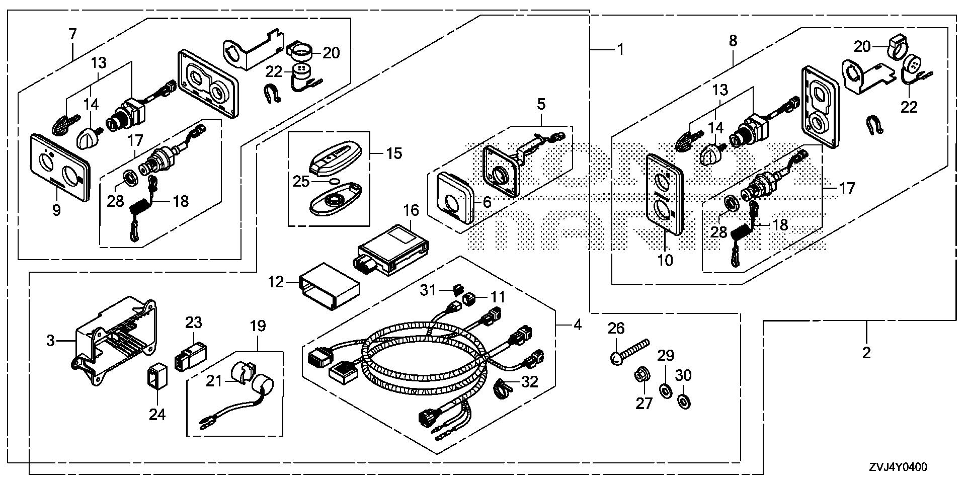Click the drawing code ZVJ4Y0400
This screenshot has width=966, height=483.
(897, 467)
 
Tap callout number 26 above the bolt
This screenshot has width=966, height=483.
(616, 329)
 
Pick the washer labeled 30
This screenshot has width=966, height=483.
(683, 401)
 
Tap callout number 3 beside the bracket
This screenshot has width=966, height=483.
(50, 341)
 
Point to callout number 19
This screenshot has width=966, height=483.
(258, 326)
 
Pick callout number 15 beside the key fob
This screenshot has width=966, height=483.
(394, 153)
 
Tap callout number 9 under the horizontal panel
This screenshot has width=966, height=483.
(56, 210)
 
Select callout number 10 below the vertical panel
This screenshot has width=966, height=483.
(665, 260)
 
